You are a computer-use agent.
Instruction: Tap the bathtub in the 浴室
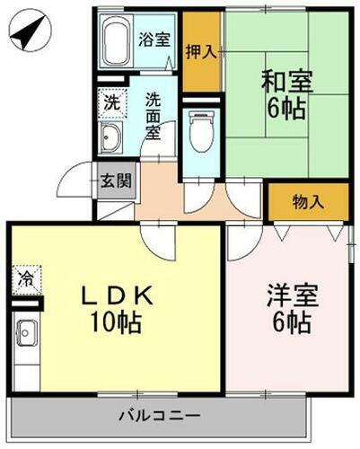click(x=116, y=41)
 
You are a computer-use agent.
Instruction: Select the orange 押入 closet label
click(x=201, y=51)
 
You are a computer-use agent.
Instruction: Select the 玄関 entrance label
click(x=116, y=180)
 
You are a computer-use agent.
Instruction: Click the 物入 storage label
click(x=308, y=202)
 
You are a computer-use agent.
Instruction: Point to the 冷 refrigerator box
click(x=26, y=278)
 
